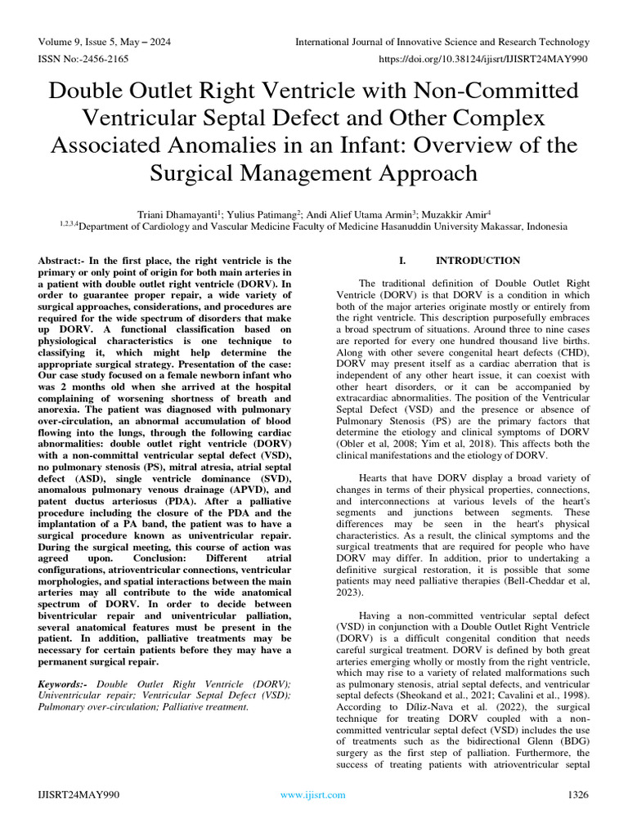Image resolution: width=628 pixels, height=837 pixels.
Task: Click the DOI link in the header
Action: pyautogui.click(x=485, y=60)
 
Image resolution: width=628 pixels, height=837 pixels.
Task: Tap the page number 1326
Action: pyautogui.click(x=576, y=794)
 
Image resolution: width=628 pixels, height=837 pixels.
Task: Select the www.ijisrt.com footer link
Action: pyautogui.click(x=313, y=794)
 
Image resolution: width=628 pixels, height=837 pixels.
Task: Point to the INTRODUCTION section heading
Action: pyautogui.click(x=478, y=261)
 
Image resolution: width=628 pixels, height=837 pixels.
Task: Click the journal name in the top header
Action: pyautogui.click(x=442, y=42)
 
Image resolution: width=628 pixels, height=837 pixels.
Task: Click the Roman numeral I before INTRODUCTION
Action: pyautogui.click(x=401, y=261)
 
